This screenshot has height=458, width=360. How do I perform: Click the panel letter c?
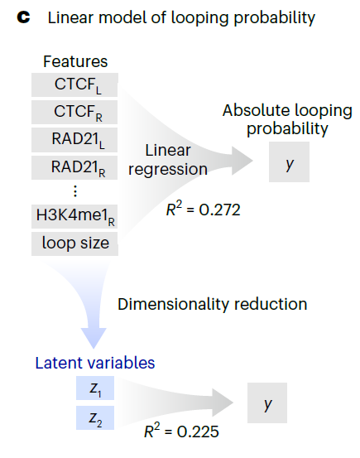click(x=23, y=17)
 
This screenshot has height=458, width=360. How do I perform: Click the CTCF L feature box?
click(x=74, y=84)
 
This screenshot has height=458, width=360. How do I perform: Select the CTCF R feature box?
click(x=74, y=112)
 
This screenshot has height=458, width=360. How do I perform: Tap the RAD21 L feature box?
click(x=74, y=140)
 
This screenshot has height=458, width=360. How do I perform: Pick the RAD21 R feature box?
click(x=74, y=167)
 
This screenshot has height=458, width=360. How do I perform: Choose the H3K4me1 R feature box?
click(x=74, y=216)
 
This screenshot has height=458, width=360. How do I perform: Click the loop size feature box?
click(x=74, y=243)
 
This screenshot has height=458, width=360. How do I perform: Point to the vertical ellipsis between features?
click(x=75, y=191)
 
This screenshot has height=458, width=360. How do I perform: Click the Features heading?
click(x=75, y=61)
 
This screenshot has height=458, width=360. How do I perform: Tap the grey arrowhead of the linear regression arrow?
click(x=242, y=161)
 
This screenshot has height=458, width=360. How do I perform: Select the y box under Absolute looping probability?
click(x=289, y=162)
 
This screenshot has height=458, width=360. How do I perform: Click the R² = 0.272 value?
click(x=204, y=210)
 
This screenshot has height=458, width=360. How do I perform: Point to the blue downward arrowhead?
click(x=94, y=338)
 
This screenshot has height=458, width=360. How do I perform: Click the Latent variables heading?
click(x=95, y=363)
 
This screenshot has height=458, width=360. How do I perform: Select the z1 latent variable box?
click(x=95, y=388)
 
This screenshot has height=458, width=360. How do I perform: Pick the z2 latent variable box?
click(x=95, y=418)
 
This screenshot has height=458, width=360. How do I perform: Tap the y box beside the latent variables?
click(x=267, y=403)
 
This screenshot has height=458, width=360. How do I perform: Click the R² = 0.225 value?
click(x=181, y=431)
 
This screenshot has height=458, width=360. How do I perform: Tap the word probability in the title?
click(x=275, y=18)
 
